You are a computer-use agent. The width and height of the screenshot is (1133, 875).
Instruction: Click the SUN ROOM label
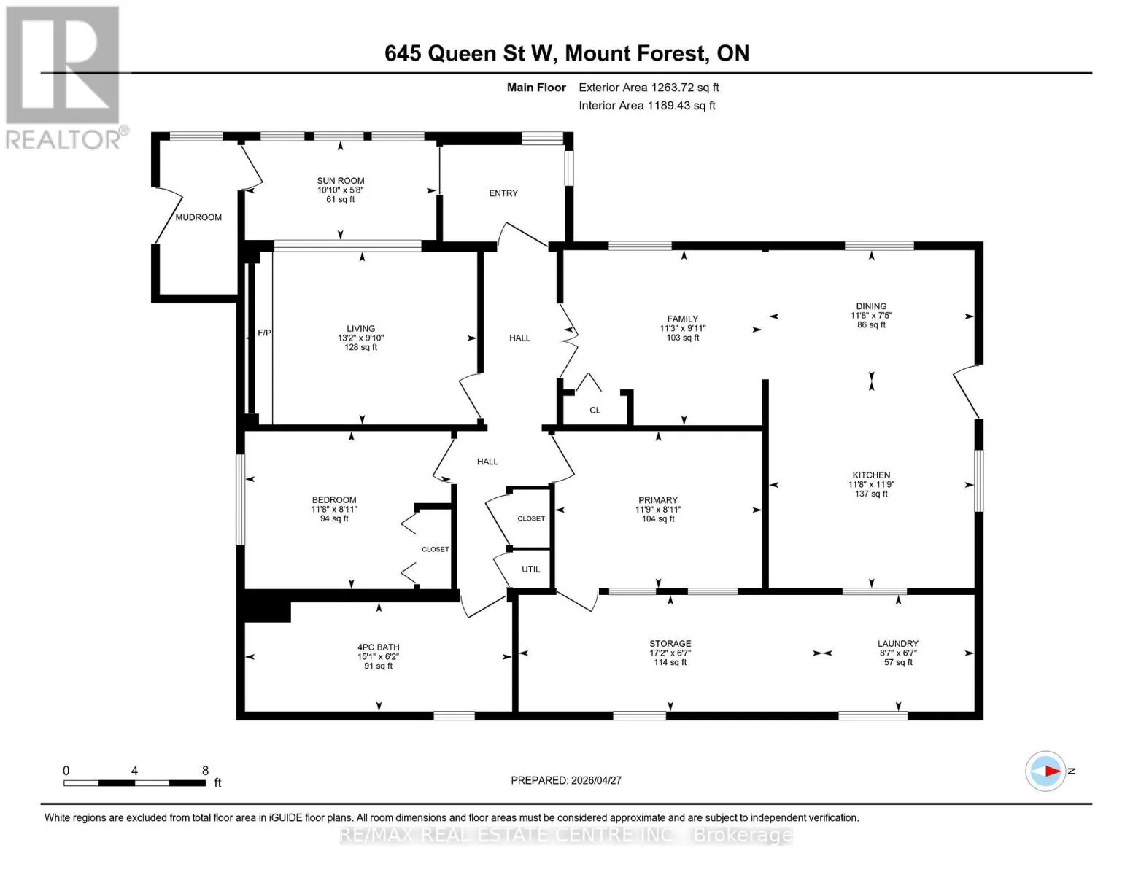pyautogui.click(x=341, y=181)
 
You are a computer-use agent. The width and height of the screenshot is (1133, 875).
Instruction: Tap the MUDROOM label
pyautogui.click(x=198, y=217)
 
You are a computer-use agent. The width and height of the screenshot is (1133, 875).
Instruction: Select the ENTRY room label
pyautogui.click(x=503, y=193)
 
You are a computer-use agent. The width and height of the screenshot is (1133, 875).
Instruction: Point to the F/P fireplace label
pyautogui.click(x=264, y=332)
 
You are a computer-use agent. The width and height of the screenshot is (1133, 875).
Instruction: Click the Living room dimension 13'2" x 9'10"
pyautogui.click(x=360, y=338)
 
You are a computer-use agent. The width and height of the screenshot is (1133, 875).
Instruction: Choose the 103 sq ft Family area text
pyautogui.click(x=683, y=338)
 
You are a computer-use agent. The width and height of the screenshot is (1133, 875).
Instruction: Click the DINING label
pyautogui.click(x=871, y=306)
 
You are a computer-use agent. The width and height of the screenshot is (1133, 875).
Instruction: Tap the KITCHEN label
pyautogui.click(x=871, y=475)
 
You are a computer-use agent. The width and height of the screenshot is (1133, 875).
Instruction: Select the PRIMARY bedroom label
pyautogui.click(x=657, y=500)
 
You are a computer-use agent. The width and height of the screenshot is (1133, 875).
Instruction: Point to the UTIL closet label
pyautogui.click(x=531, y=569)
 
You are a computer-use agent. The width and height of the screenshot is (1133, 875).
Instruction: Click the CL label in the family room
pyautogui.click(x=595, y=410)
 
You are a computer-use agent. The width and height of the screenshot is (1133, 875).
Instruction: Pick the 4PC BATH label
pyautogui.click(x=378, y=647)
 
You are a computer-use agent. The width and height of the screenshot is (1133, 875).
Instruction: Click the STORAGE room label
pyautogui.click(x=670, y=644)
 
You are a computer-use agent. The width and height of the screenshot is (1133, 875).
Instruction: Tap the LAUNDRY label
pyautogui.click(x=897, y=644)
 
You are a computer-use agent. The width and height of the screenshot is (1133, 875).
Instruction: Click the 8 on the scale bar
pyautogui.click(x=205, y=771)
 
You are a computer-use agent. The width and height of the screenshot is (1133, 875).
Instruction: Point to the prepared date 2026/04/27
pyautogui.click(x=596, y=781)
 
